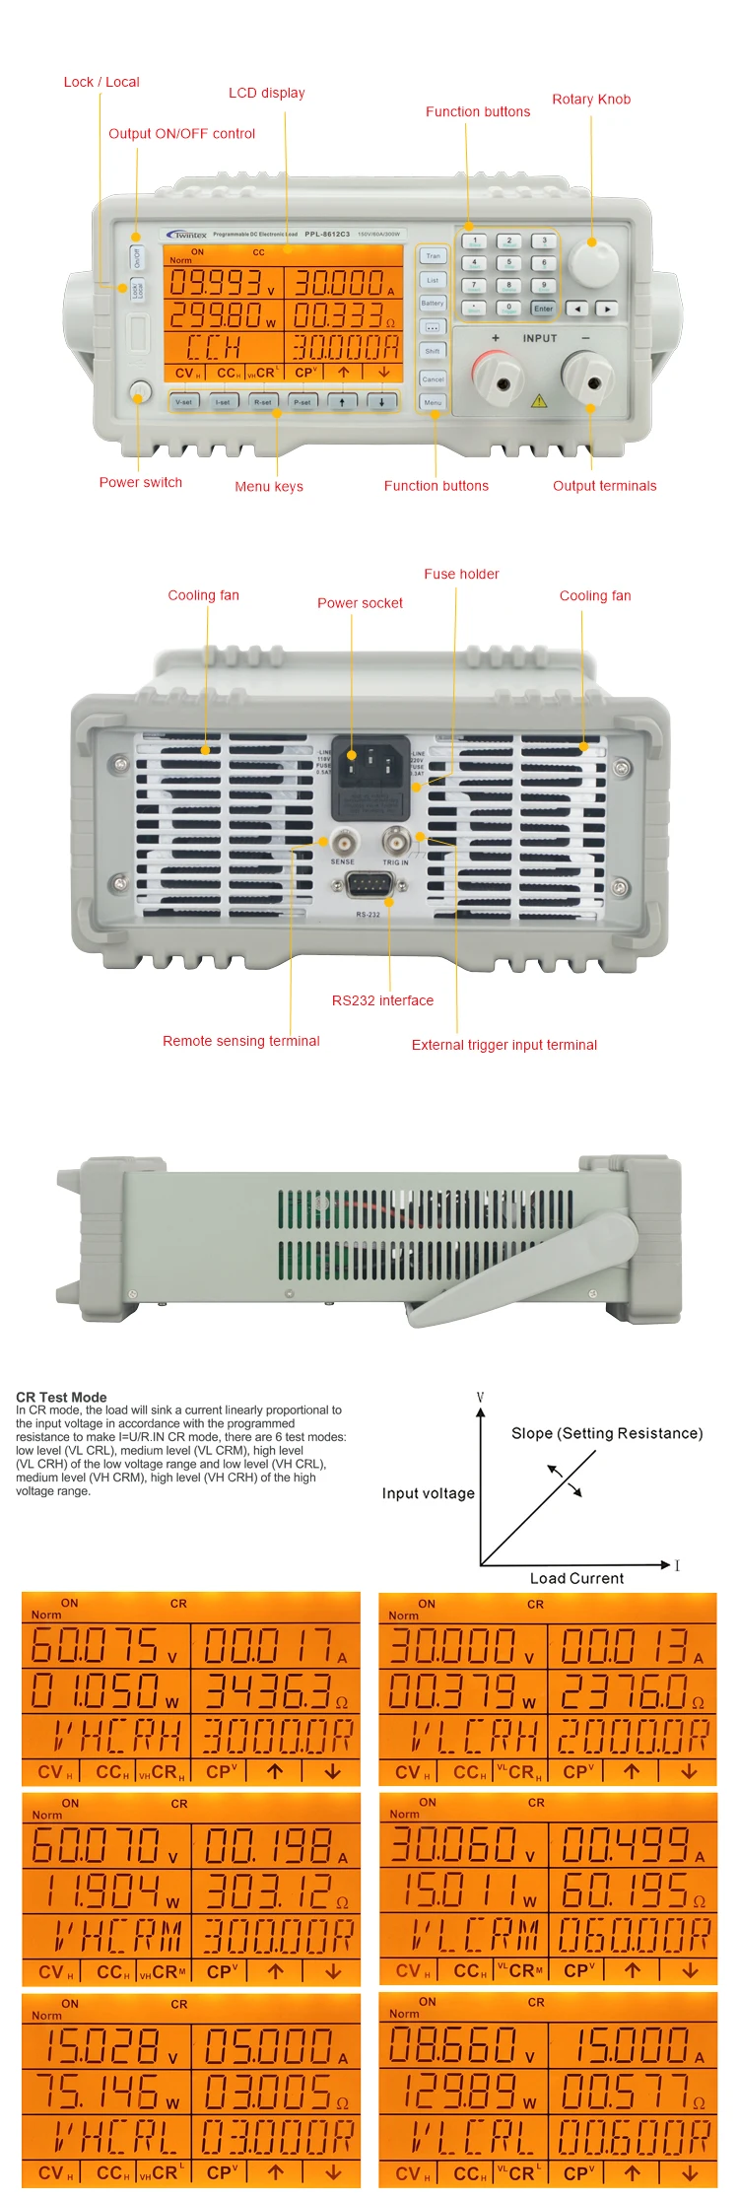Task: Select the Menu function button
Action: [x=433, y=403]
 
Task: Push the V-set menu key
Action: [x=184, y=402]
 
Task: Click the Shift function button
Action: [x=433, y=351]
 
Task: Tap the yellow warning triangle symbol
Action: [x=538, y=401]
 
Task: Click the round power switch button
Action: [x=140, y=392]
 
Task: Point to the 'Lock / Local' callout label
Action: [x=101, y=82]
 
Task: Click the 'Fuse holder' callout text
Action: [x=461, y=574]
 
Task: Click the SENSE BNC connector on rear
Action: [x=343, y=843]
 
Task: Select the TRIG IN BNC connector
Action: [x=395, y=843]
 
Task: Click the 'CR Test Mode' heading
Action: [x=61, y=1397]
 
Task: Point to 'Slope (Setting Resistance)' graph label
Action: [x=607, y=1433]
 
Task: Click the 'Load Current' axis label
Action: [x=576, y=1578]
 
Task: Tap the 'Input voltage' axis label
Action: [x=428, y=1493]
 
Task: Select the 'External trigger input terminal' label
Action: [x=504, y=1045]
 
